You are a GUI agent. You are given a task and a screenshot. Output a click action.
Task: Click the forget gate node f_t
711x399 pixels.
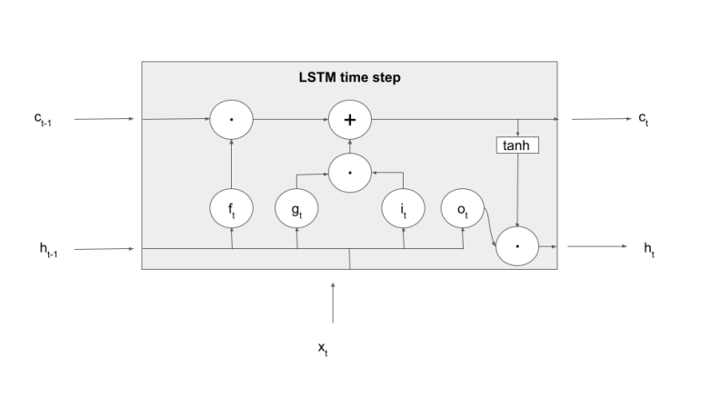[x=233, y=210]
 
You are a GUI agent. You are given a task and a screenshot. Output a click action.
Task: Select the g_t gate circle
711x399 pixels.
[x=297, y=210]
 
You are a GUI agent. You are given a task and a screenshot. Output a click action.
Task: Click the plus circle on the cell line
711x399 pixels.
[x=350, y=119]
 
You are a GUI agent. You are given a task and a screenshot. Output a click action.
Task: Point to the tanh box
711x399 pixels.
[x=517, y=145]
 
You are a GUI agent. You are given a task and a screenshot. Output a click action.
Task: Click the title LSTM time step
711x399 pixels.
[x=349, y=78]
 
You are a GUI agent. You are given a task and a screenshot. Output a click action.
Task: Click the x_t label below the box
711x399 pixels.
[x=323, y=349]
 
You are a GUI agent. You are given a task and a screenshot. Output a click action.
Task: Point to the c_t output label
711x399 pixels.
[x=645, y=120]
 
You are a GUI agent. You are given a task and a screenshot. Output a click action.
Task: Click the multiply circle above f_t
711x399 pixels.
[x=233, y=119]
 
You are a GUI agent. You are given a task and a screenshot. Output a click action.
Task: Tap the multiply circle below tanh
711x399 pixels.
[x=517, y=246]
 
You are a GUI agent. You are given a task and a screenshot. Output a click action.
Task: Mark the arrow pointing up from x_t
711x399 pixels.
[x=334, y=302]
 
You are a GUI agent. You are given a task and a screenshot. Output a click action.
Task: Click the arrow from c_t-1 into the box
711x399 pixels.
[x=105, y=119]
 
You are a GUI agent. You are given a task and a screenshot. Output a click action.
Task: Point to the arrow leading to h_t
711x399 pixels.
[x=596, y=246]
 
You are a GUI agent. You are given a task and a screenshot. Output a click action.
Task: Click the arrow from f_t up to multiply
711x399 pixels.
[x=233, y=165]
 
